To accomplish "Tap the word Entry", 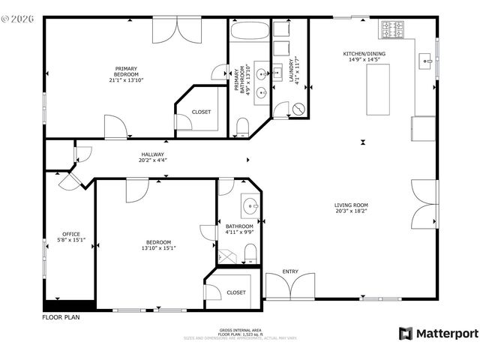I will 290,271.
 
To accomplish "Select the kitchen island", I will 377,89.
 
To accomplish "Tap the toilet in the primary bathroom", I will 242,126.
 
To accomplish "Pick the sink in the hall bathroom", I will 250,205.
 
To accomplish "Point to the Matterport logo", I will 438,333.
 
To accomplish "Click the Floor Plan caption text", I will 61,317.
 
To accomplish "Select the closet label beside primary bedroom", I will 201,112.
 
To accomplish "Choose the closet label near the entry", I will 236,292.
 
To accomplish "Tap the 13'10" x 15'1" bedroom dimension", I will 158,249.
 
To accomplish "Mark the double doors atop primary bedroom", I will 178,31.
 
